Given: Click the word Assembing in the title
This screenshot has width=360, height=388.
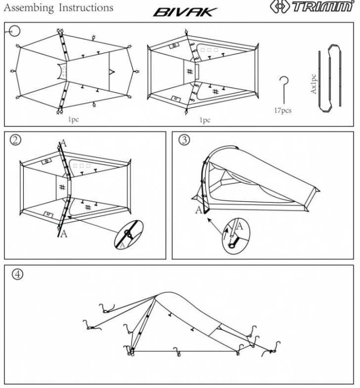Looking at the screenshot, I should click(x=25, y=8).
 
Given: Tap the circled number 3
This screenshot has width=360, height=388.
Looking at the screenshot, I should click(x=184, y=141).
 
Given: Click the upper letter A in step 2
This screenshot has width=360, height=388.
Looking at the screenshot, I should click(x=63, y=144).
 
